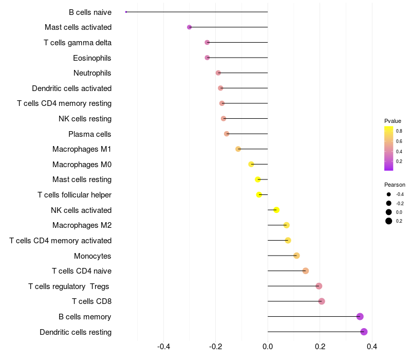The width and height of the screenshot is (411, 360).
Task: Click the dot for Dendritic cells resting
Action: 364,332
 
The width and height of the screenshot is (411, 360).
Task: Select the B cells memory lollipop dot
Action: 360,316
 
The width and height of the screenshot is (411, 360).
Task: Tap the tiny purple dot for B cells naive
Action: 126,12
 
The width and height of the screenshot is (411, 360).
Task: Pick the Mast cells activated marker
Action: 189,27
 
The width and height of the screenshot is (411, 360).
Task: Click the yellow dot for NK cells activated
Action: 276,210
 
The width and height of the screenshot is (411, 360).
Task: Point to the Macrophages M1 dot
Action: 238,149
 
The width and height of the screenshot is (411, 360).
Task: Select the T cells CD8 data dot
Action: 322,301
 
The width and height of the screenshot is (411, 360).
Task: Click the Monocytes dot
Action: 296,256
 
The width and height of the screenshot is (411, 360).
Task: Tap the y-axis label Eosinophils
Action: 92,58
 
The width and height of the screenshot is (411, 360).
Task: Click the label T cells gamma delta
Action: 78,43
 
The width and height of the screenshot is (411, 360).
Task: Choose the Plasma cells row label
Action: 90,134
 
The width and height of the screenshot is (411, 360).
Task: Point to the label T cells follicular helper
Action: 74,195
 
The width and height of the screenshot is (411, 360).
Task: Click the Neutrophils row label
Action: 92,73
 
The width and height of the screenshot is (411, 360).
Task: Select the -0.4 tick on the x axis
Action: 163,347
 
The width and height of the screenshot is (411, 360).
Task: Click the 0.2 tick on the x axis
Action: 320,347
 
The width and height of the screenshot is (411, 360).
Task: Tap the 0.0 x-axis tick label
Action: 268,347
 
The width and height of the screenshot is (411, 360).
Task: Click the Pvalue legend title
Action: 393,121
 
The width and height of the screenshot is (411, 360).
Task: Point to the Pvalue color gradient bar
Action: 389,148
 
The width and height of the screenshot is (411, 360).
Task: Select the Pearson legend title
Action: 395,185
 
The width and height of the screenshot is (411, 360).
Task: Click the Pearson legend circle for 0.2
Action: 389,221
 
